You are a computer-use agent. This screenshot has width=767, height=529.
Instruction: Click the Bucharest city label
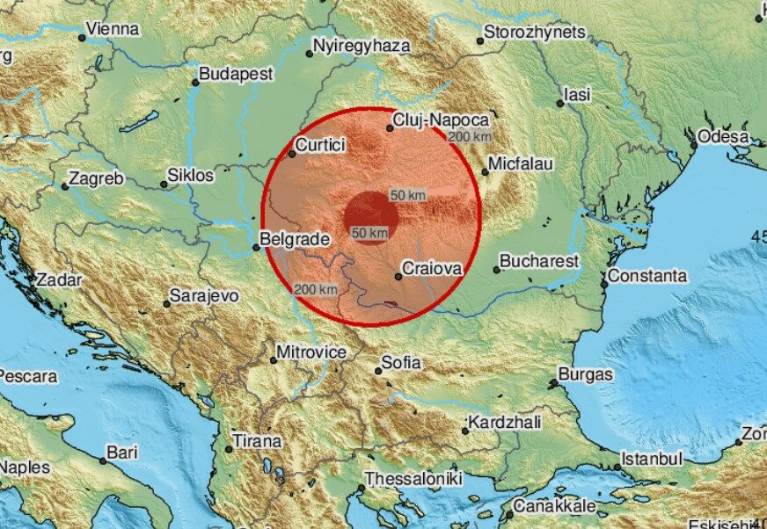pyautogui.click(x=539, y=261)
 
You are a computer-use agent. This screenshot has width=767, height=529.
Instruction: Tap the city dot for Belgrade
pyautogui.click(x=256, y=247)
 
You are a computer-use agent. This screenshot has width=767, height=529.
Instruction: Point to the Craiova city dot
pyautogui.click(x=398, y=277)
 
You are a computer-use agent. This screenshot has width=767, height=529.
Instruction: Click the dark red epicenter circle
pyautogui.click(x=371, y=216)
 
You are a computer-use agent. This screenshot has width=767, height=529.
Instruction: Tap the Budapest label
pyautogui.click(x=236, y=75)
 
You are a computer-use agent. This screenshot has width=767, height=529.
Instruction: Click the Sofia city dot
pyautogui.click(x=379, y=370)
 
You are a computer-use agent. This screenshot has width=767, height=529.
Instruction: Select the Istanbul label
pyautogui.click(x=652, y=459)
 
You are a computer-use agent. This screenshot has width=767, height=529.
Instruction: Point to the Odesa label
pyautogui.click(x=723, y=137)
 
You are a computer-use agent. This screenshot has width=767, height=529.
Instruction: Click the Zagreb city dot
pyautogui.click(x=64, y=186)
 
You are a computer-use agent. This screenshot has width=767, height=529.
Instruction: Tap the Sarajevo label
pyautogui.click(x=204, y=296)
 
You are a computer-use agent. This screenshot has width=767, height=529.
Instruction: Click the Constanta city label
pyautogui.click(x=647, y=276)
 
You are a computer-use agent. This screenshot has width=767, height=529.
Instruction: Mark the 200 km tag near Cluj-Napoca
pyautogui.click(x=470, y=136)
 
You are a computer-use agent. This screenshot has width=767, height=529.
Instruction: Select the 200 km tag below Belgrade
pyautogui.click(x=316, y=290)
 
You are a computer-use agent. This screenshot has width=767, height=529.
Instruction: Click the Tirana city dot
pyautogui.click(x=229, y=449)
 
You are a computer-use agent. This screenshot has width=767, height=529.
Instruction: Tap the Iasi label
pyautogui.click(x=577, y=94)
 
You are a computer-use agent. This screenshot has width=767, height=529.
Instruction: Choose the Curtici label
pyautogui.click(x=320, y=146)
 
